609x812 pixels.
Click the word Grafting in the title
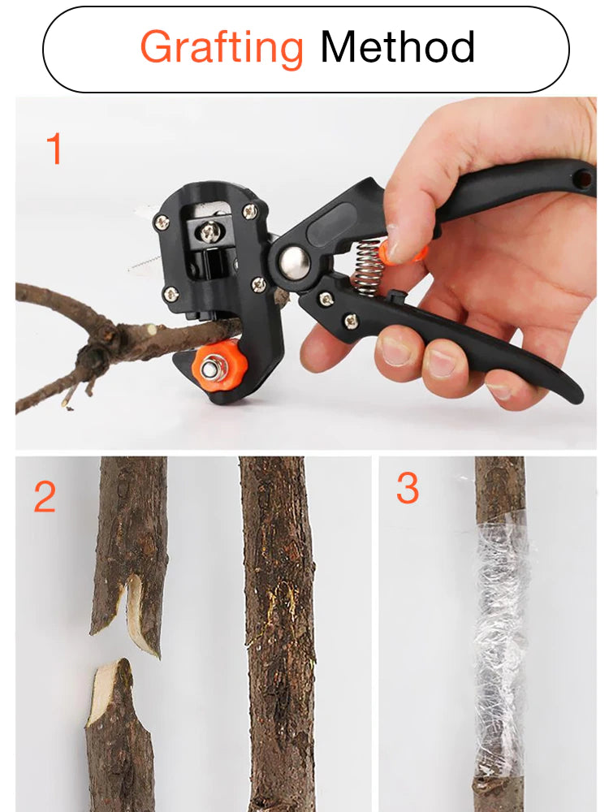222,47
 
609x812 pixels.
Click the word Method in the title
397,47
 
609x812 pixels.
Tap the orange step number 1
54,149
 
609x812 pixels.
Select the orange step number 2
45,497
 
